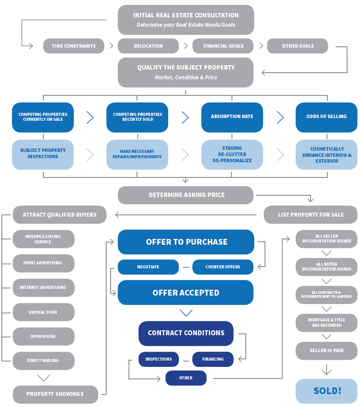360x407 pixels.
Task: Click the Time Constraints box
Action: coord(74,46)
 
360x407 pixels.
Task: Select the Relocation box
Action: coord(148,46)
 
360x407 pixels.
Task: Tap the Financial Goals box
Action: coord(223,46)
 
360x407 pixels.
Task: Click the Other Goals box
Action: coord(298,46)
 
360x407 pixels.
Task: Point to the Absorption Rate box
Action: coord(232,117)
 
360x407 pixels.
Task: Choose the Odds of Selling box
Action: coord(327,117)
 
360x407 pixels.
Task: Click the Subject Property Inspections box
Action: coord(43,154)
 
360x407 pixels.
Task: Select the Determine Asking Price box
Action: coord(186,195)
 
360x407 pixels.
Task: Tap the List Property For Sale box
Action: coord(310,214)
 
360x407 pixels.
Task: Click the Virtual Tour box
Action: coord(43,312)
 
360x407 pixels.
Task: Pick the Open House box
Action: coord(43,336)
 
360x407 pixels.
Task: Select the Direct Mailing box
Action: coord(43,360)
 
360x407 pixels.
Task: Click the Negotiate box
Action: coord(148,267)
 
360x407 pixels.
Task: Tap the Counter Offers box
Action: coord(223,267)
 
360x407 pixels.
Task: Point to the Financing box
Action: coord(213,359)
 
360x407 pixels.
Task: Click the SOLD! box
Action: coord(327,391)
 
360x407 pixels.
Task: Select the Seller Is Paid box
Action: coord(327,350)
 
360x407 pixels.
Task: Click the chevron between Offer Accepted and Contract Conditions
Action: coord(186,312)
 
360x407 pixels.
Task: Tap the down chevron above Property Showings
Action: coord(43,378)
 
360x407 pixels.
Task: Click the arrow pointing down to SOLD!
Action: coord(327,370)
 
